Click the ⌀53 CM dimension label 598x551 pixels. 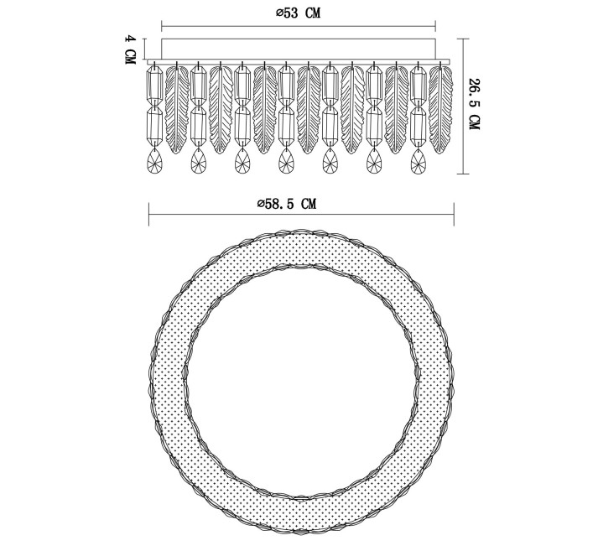point(299,13)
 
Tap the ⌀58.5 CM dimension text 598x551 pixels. point(287,204)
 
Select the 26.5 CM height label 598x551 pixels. point(474,104)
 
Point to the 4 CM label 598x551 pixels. point(131,50)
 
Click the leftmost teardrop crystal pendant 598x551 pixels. point(155,161)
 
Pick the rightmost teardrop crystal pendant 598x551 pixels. point(419,161)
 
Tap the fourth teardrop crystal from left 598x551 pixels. point(286,161)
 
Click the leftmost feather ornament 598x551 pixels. point(177,110)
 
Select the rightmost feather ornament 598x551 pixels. point(441,110)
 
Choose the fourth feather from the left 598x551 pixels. point(309,110)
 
